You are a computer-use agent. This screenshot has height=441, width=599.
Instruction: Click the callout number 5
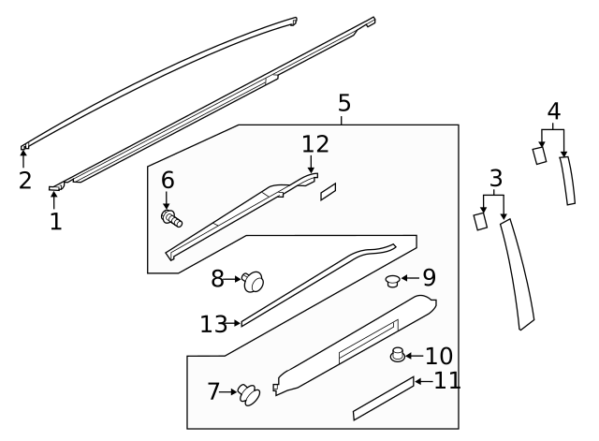[344, 102]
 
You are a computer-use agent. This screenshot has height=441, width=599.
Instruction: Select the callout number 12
[315, 144]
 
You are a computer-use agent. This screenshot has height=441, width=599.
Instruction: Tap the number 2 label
[25, 180]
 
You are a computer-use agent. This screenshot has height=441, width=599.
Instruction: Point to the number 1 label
[55, 222]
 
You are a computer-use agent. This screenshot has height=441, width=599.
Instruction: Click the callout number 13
[213, 324]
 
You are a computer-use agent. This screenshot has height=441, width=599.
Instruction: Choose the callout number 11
[447, 380]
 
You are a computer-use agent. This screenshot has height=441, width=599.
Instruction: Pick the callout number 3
[496, 178]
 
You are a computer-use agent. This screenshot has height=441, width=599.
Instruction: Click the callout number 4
[554, 111]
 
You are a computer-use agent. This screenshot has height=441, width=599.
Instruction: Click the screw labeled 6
[171, 218]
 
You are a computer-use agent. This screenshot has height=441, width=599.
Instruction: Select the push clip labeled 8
[253, 280]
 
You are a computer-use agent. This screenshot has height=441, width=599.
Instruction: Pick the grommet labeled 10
[397, 355]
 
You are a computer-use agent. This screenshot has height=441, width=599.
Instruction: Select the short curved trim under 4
[565, 180]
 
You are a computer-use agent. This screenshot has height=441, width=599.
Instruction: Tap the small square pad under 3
[479, 221]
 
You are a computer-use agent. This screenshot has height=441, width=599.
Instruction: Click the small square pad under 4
[539, 154]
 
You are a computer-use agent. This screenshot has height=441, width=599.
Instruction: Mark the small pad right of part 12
[329, 192]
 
